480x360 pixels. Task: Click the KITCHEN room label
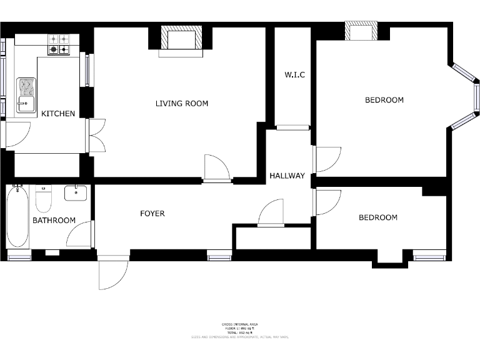[58, 114]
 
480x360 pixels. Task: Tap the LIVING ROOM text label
[182, 103]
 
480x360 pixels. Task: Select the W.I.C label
[294, 75]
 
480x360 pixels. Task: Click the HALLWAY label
[287, 176]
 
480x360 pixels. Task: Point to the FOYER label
[152, 214]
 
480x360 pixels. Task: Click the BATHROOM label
[54, 220]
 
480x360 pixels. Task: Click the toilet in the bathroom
[43, 200]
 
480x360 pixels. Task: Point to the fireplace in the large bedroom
[361, 31]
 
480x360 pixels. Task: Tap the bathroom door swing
[79, 234]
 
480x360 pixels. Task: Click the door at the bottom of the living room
[217, 169]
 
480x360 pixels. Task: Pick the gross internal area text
[239, 324]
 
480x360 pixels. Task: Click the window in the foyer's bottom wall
[219, 255]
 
